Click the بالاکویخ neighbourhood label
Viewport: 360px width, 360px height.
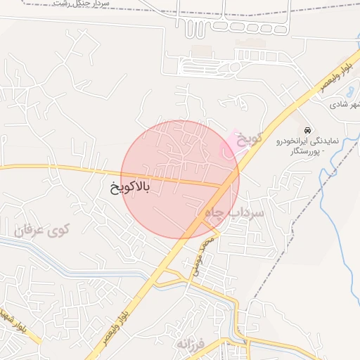[x=130, y=188]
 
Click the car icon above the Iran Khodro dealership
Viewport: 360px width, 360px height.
[x=308, y=130]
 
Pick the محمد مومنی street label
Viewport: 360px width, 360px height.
[x=206, y=254]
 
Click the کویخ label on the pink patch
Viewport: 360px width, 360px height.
[x=247, y=138]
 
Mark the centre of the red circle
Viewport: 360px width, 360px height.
[x=180, y=179]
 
